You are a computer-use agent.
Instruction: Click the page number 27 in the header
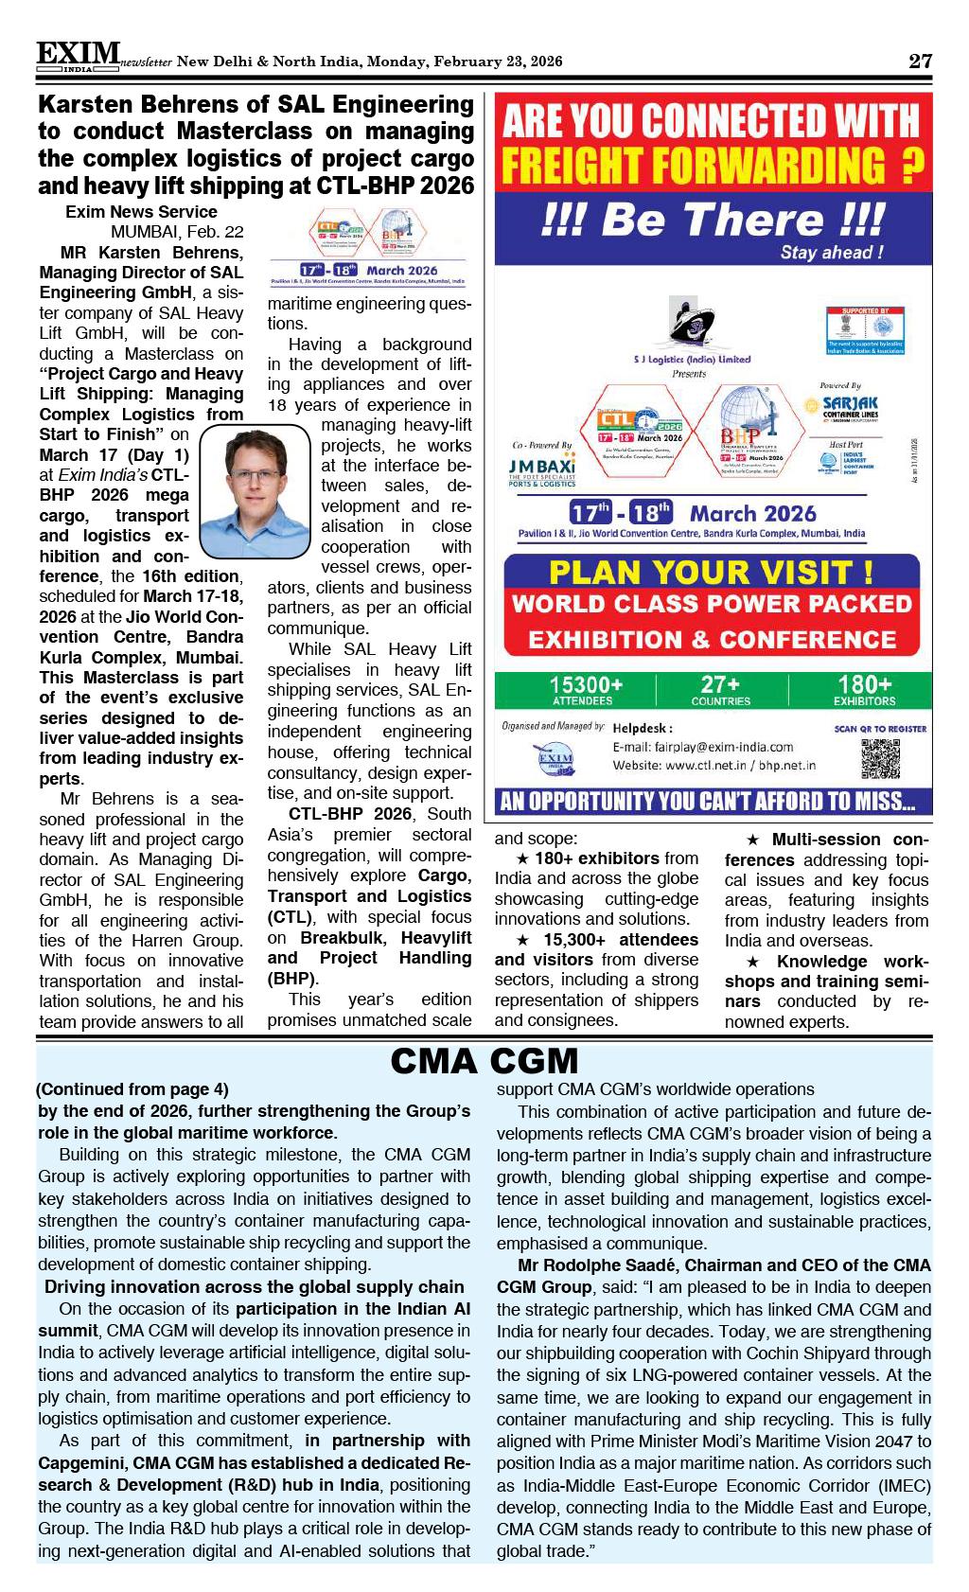pos(920,62)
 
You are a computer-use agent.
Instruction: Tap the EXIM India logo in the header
pos(79,57)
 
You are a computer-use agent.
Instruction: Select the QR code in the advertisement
pos(880,759)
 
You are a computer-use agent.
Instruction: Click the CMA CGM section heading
pos(484,1062)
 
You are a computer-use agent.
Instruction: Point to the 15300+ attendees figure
pos(586,689)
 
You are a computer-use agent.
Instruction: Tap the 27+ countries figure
pos(720,689)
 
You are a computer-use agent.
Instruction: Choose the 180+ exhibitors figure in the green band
pos(863,689)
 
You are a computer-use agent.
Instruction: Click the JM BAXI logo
pos(541,470)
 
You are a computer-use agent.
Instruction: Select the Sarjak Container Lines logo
pos(850,407)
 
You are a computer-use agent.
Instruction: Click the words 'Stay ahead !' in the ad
pos(832,253)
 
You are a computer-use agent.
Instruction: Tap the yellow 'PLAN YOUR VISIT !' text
pos(711,573)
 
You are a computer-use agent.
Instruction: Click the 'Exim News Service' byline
pos(141,212)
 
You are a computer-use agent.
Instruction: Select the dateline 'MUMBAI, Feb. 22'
pos(177,232)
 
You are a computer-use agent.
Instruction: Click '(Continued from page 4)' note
pos(132,1089)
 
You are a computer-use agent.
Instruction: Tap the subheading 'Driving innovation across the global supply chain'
pos(255,1287)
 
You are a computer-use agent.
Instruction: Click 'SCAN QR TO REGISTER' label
pos(880,729)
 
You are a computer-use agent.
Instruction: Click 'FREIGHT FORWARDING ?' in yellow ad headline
pos(713,167)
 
